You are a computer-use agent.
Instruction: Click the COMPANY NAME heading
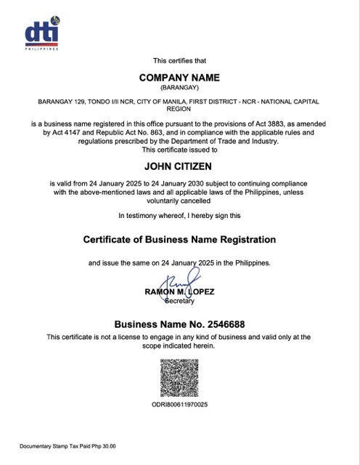click(x=179, y=77)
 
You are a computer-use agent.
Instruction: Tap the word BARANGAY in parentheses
click(x=179, y=87)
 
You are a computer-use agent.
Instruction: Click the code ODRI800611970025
click(x=179, y=404)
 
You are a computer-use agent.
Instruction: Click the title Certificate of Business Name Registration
click(x=179, y=239)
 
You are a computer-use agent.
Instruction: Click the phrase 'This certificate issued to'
click(x=179, y=150)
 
